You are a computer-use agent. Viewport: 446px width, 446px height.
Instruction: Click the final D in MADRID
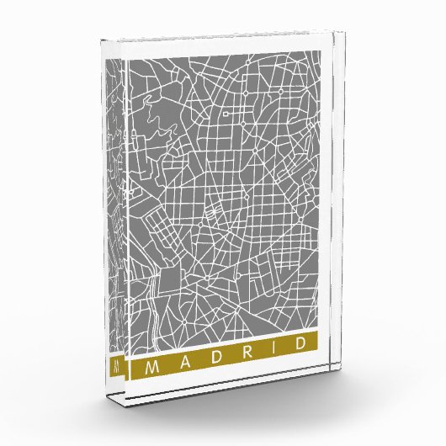point(299,357)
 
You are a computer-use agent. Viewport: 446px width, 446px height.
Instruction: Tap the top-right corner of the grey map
point(322,50)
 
